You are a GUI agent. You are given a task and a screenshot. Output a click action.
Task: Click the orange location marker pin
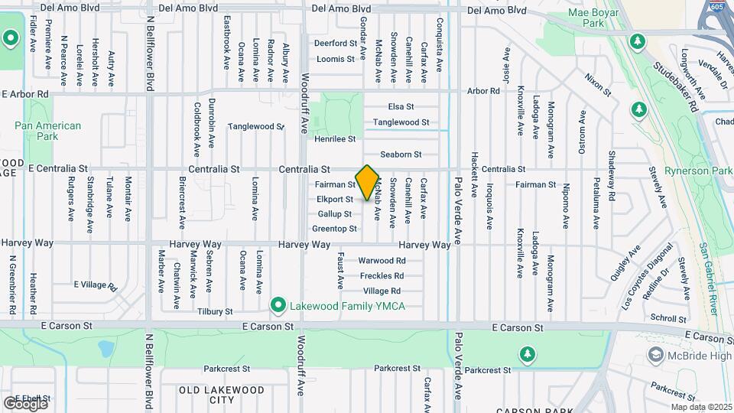click(x=367, y=182)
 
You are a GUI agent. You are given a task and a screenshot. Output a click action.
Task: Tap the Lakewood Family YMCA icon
click(x=279, y=306)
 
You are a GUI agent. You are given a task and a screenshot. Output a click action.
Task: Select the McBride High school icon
click(x=656, y=355)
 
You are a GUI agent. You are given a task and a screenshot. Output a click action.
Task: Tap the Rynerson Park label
click(x=698, y=171)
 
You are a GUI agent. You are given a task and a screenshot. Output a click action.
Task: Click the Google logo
click(x=24, y=403)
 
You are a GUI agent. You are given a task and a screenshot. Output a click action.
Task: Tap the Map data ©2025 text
click(x=700, y=407)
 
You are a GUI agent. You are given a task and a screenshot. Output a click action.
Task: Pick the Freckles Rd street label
click(x=382, y=275)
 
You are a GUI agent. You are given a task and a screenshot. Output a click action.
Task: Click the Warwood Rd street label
click(x=382, y=260)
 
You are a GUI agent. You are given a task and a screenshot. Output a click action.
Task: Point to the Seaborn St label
click(x=401, y=154)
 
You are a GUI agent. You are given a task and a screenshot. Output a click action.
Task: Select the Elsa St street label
click(x=401, y=106)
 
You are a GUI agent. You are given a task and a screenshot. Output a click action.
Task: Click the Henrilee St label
click(x=335, y=139)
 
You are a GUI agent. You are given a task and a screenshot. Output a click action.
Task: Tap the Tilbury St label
click(x=214, y=311)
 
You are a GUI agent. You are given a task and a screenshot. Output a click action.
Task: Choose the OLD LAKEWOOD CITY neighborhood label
click(x=212, y=395)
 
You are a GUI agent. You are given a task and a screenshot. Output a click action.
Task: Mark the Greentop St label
click(x=335, y=229)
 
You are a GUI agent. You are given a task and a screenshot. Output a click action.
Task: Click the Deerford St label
click(x=336, y=44)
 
